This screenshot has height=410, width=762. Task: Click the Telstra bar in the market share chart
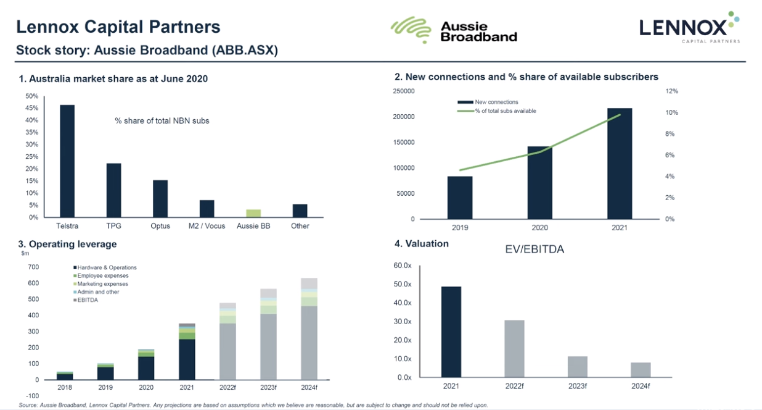click(67, 161)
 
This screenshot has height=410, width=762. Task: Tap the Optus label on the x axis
click(160, 226)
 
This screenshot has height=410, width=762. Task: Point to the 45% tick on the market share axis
click(31, 108)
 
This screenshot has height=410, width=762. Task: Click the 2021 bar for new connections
click(619, 164)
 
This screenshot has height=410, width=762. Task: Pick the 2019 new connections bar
click(460, 198)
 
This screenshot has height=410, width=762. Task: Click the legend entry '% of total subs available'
click(505, 111)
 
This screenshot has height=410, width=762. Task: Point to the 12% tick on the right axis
click(671, 91)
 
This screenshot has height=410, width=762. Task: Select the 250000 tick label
click(403, 91)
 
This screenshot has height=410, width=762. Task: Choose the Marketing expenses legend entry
click(102, 284)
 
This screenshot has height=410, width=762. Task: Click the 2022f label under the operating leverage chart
click(227, 388)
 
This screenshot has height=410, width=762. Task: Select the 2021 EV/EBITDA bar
click(451, 332)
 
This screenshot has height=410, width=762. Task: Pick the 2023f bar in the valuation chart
click(578, 367)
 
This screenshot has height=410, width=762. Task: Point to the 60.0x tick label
click(403, 266)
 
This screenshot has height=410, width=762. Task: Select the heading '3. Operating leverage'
click(67, 245)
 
